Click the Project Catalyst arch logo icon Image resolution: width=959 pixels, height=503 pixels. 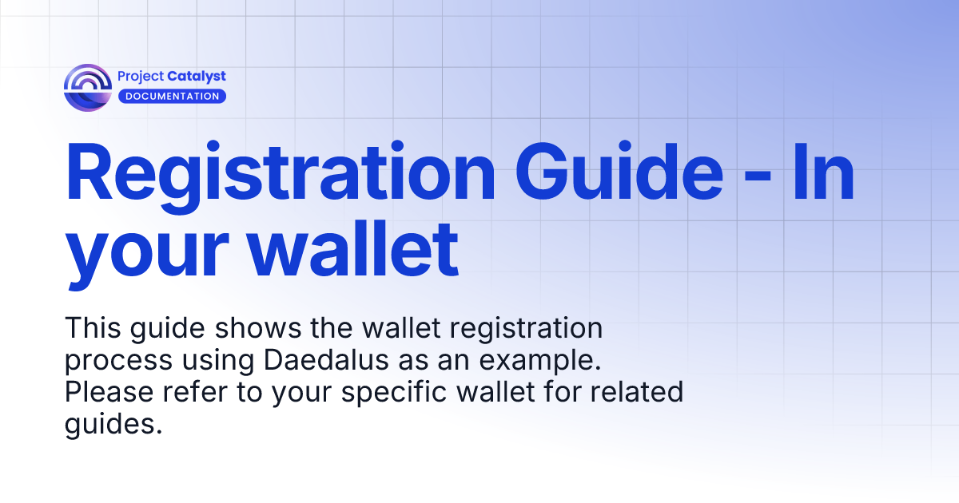pos(88,88)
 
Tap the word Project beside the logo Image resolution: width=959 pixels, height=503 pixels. pos(140,77)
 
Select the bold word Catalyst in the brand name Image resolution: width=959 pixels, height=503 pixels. pos(197,77)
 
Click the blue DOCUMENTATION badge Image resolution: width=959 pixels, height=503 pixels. pos(172,96)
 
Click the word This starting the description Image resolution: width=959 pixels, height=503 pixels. pos(90,328)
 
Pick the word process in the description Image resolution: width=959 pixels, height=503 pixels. pos(117,361)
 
